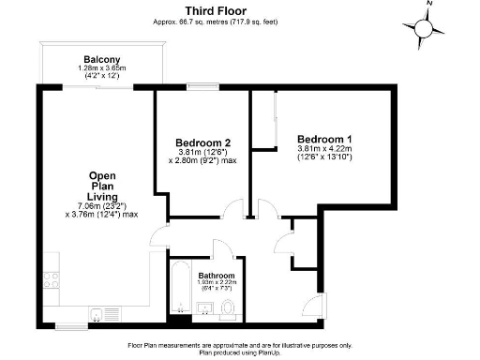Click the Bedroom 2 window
coord(202,88)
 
